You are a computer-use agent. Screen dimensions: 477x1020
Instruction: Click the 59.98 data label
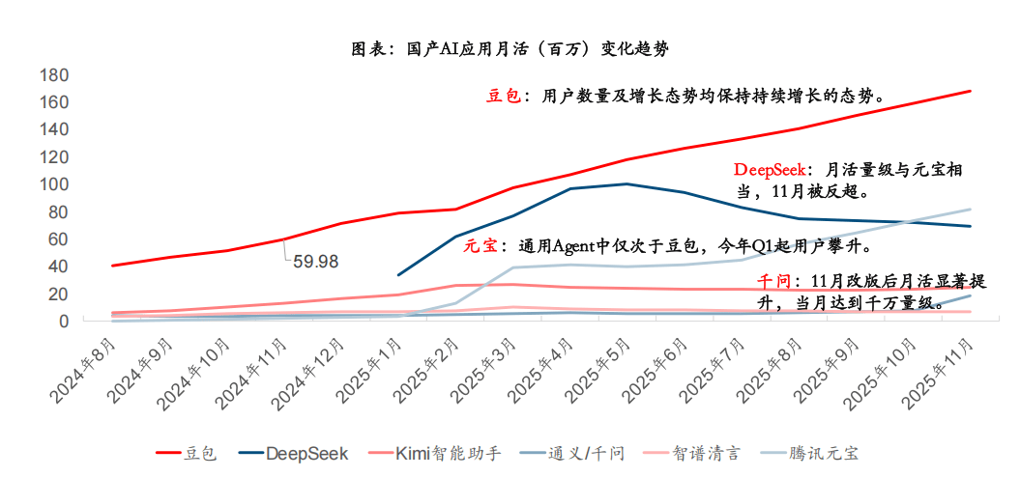pyautogui.click(x=317, y=261)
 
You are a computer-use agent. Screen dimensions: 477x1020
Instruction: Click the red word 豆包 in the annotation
pyautogui.click(x=503, y=96)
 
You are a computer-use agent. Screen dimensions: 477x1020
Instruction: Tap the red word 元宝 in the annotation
pyautogui.click(x=481, y=245)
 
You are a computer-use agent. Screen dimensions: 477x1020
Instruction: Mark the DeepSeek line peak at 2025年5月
pyautogui.click(x=627, y=183)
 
